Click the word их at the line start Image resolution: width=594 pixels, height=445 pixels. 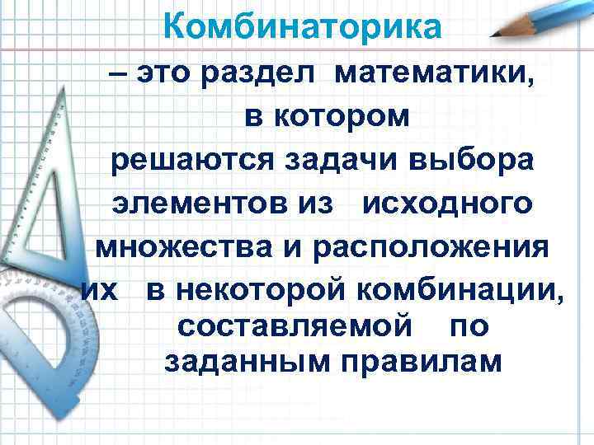[x=98, y=289]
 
